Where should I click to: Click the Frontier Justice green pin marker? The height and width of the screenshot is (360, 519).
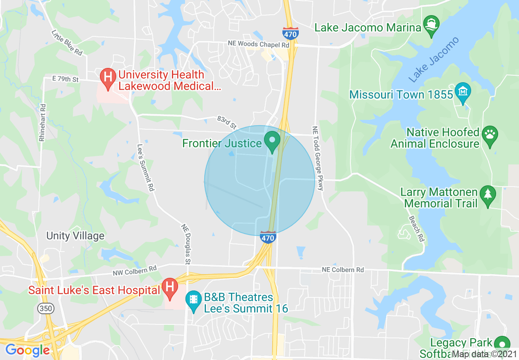point(272,141)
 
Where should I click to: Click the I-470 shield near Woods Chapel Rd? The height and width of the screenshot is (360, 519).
point(290,33)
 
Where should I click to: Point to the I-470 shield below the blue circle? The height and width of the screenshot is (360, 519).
point(268,237)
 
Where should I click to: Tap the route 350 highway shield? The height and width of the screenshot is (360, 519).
point(45,309)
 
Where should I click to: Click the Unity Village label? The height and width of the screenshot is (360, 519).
point(75,236)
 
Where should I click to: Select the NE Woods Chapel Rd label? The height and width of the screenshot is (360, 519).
point(259,44)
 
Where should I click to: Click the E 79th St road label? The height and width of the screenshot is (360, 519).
point(65,79)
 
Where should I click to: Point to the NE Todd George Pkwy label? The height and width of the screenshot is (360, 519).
point(318,158)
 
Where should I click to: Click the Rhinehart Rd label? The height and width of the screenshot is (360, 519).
point(42,122)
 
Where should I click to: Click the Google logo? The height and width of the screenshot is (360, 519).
point(27,350)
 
